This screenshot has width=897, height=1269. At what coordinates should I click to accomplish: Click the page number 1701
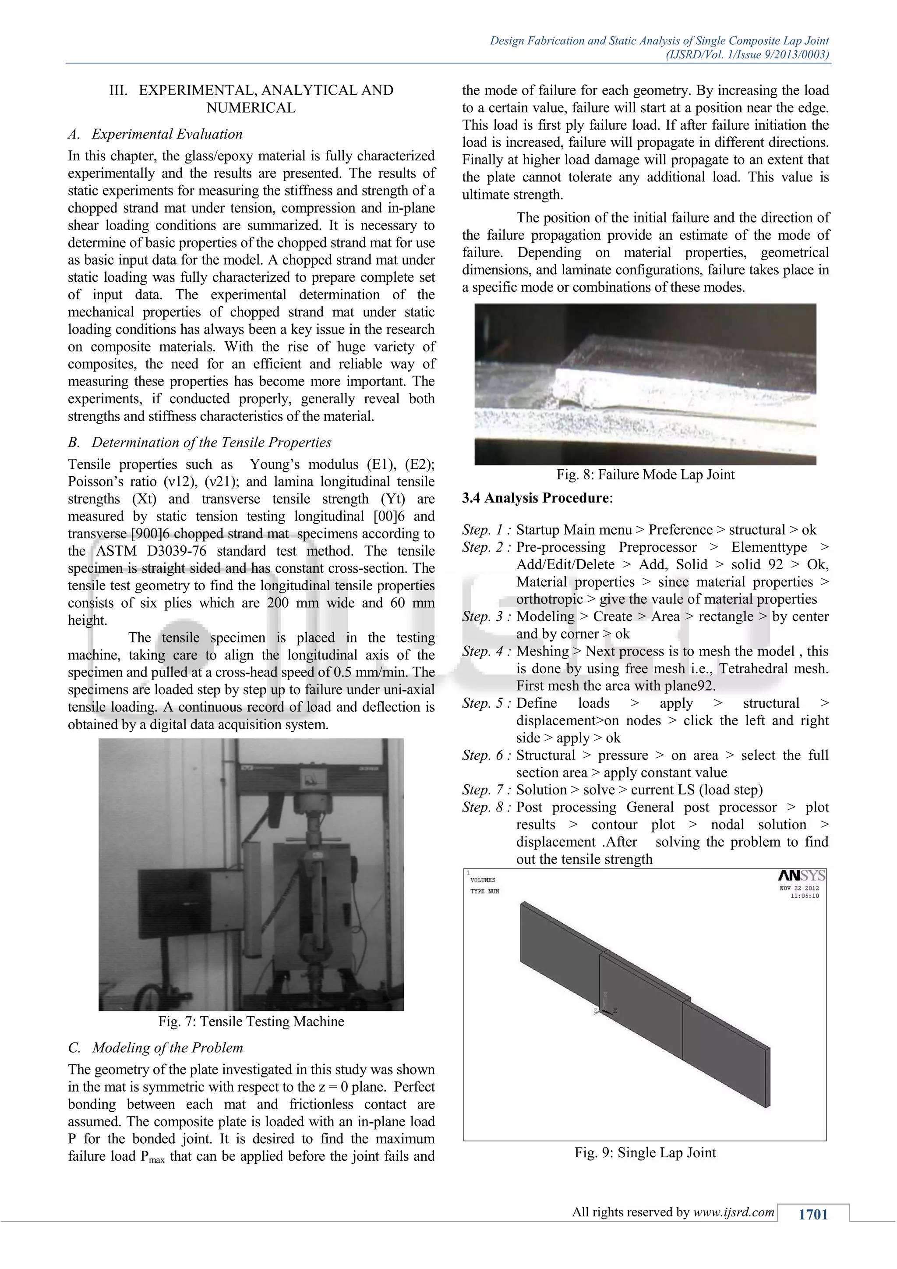(x=813, y=1214)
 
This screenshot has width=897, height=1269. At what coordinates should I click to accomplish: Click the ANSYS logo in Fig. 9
(x=802, y=876)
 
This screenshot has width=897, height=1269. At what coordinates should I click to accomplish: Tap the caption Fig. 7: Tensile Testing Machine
(x=251, y=1021)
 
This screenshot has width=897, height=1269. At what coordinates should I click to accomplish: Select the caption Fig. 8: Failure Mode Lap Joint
(x=645, y=474)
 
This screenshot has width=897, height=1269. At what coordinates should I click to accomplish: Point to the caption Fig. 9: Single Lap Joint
(x=645, y=1152)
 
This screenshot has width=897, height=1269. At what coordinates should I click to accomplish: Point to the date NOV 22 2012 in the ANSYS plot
(x=799, y=888)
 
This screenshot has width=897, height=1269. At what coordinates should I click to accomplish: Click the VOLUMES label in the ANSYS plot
(x=482, y=880)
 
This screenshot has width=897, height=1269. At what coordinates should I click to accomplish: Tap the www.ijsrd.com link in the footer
(x=734, y=1212)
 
